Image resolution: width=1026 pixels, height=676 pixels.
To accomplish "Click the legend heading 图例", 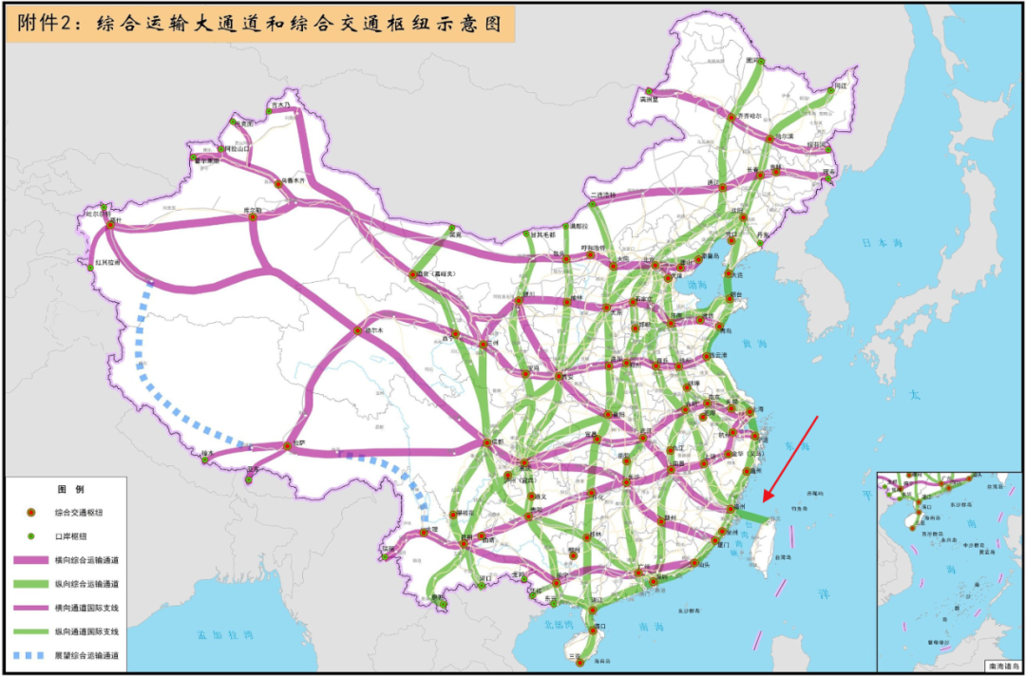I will pos(70,489).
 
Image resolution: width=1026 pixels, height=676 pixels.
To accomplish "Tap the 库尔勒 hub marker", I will pos(253,216).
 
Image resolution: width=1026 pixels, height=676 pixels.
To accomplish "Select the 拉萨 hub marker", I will pos(286,444).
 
